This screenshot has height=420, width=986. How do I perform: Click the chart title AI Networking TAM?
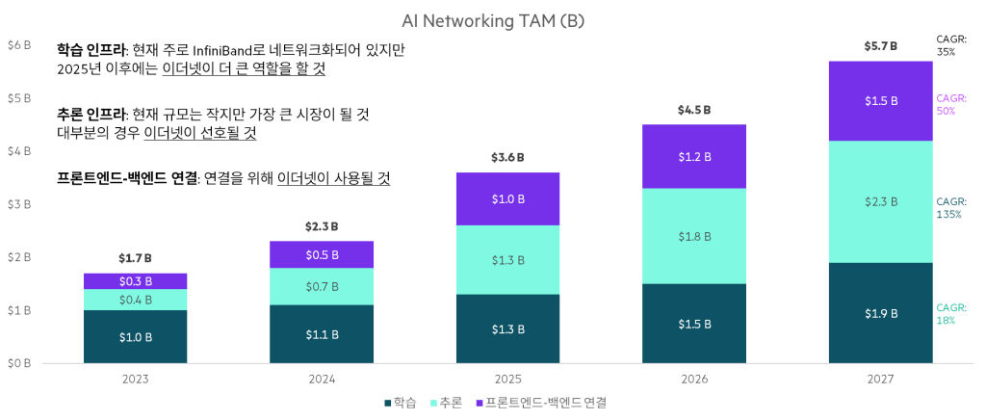click(x=492, y=21)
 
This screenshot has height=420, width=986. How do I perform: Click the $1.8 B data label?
click(x=693, y=236)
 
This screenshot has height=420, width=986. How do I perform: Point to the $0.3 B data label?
click(x=136, y=281)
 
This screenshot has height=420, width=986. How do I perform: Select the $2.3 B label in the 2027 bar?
click(x=880, y=202)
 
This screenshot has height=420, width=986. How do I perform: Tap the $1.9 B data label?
click(x=880, y=313)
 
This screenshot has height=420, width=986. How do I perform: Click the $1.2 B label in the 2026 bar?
click(x=693, y=156)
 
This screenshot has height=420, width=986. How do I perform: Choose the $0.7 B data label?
click(x=322, y=287)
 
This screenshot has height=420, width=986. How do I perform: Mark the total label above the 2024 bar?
click(x=322, y=227)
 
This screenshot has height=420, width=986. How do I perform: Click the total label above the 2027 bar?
click(x=880, y=46)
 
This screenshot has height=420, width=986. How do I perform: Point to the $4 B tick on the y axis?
click(x=19, y=151)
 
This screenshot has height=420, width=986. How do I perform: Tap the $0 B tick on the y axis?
click(x=19, y=363)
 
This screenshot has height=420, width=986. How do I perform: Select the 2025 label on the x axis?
click(x=507, y=380)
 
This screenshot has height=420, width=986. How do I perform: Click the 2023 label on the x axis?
click(x=136, y=380)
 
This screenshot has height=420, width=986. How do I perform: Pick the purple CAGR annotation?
click(x=951, y=104)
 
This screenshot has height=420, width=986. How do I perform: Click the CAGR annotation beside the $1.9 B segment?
click(x=951, y=314)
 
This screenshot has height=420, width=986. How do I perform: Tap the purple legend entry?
click(x=543, y=402)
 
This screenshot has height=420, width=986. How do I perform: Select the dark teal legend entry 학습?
click(x=401, y=402)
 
